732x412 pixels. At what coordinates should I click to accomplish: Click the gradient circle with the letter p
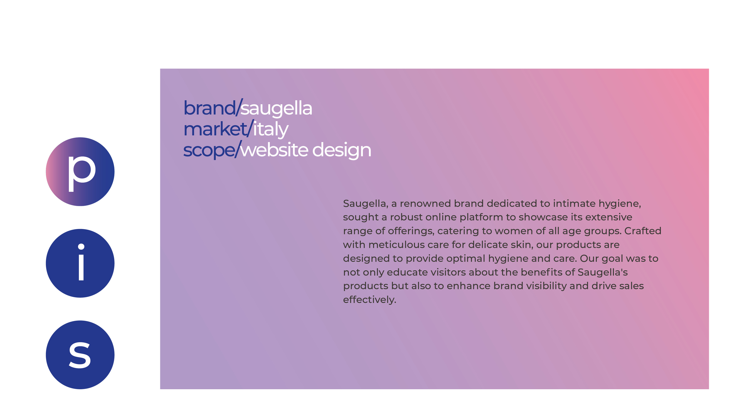point(80,172)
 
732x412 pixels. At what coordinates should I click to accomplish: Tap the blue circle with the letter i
point(80,263)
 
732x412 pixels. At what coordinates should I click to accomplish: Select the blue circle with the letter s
point(80,355)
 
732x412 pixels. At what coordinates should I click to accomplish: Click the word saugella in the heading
point(276,108)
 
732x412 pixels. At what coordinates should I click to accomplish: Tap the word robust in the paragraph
point(406,217)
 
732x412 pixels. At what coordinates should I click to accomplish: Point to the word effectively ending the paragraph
point(369,300)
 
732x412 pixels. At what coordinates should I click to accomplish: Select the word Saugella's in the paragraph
point(602,272)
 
